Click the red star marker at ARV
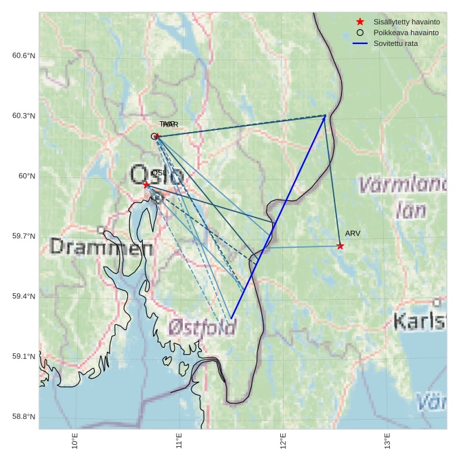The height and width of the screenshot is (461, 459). coord(340,246)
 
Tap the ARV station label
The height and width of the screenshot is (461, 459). coord(353,234)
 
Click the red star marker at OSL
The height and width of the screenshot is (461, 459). coord(146,184)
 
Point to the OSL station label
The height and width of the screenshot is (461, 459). coord(159,173)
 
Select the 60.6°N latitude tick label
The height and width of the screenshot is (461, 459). coord(24,56)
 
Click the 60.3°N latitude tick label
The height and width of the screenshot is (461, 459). coord(24,116)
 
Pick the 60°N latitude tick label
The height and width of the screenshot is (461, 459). coord(26,176)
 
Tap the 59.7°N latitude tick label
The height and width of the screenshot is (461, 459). coord(24,236)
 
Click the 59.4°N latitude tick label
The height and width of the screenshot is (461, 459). coord(24,297)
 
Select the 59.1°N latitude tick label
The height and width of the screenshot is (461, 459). coord(24,357)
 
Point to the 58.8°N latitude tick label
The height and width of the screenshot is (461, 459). coord(24,417)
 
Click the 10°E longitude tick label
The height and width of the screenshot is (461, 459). coord(74,441)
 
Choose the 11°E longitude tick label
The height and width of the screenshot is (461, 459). coord(179,441)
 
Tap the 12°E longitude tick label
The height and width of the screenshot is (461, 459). coord(283,441)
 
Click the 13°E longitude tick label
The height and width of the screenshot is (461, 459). coord(387,441)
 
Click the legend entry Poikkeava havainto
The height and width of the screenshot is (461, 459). coord(406,32)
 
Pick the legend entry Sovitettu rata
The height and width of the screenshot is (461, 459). coord(395,43)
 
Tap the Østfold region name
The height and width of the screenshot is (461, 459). coord(202,328)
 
